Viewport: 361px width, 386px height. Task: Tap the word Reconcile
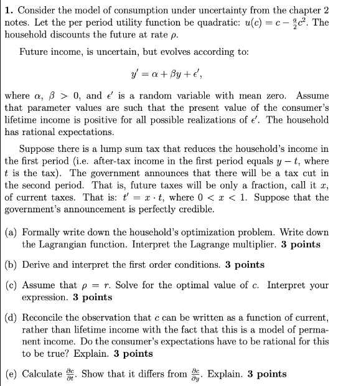point(44,318)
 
